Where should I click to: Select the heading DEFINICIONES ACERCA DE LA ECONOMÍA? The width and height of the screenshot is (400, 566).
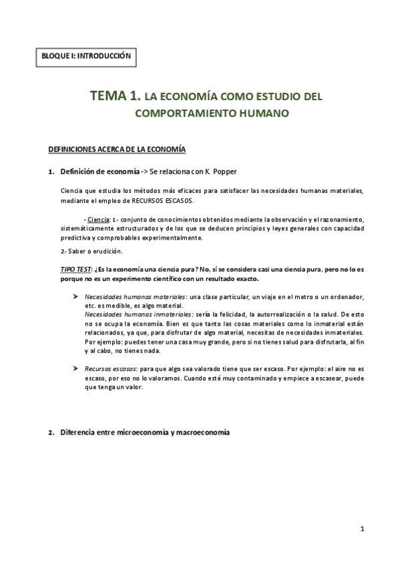(x=117, y=148)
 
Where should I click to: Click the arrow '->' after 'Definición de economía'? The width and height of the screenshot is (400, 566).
(x=145, y=172)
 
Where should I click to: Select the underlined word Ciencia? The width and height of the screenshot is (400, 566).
(x=98, y=219)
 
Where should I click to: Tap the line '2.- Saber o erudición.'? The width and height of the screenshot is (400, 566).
(x=91, y=251)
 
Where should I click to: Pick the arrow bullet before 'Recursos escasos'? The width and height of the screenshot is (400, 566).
(x=75, y=368)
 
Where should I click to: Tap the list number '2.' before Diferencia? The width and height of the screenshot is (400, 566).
(x=51, y=433)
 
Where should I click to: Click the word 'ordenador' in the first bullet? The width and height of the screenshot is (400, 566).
(x=345, y=296)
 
